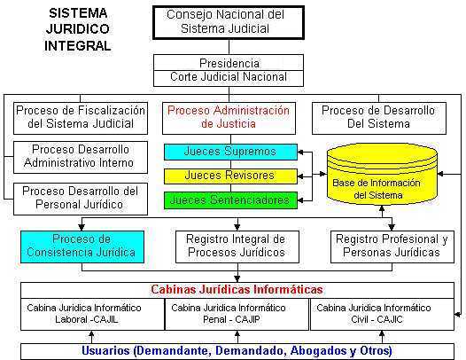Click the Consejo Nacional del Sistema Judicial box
point(229,23)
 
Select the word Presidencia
point(229,63)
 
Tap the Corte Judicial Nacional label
point(229,77)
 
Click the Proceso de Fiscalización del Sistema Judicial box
point(81,118)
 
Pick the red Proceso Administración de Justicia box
point(229,118)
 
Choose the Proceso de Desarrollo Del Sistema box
point(379,118)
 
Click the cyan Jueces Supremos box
point(230,152)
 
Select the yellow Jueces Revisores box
point(230,176)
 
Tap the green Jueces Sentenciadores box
point(230,200)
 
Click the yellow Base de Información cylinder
point(382,175)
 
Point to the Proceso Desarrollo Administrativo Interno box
point(81,157)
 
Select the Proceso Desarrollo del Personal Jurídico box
point(81,199)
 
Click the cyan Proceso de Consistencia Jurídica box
point(82,247)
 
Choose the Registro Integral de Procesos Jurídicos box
point(237,247)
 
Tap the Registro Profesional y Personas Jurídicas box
point(392,247)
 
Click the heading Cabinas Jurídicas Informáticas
point(237,289)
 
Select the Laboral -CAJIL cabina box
point(92,314)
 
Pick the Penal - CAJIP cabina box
point(237,314)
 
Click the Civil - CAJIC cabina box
point(382,314)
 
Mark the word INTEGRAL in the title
point(78,46)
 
